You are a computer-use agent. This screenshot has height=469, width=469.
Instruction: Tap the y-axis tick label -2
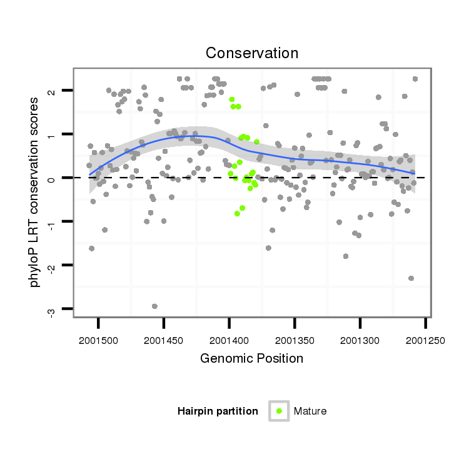coord(52,266)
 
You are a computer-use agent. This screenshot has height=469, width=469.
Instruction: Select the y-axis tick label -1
coord(52,223)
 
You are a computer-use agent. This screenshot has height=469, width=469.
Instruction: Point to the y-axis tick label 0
coord(52,178)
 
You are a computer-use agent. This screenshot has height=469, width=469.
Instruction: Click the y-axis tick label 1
coord(52,135)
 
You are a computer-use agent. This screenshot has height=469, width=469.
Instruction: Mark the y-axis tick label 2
coord(52,91)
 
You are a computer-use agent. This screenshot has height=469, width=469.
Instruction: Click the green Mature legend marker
coord(279,411)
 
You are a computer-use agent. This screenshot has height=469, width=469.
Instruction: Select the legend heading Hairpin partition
coord(218,411)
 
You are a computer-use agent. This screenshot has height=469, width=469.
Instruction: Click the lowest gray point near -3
coord(154,306)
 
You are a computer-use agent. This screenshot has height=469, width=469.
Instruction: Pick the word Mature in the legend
coord(310,411)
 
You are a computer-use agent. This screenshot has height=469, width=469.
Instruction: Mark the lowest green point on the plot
coord(237,214)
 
